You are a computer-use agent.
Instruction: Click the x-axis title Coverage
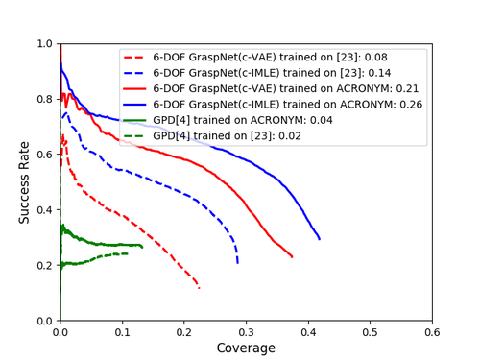pos(246,348)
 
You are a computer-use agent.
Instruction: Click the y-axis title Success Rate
pos(24,182)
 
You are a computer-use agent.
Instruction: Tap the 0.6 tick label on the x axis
pos(432,331)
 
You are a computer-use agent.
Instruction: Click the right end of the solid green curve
pos(142,247)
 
